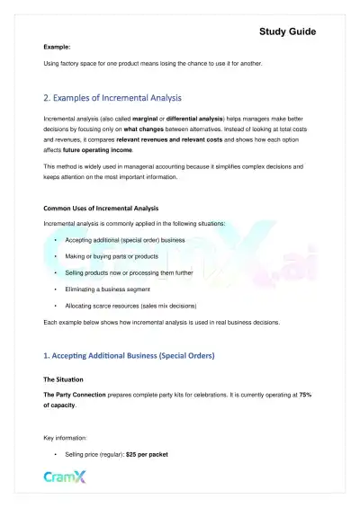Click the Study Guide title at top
pyautogui.click(x=288, y=31)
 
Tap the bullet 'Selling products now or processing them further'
pyautogui.click(x=131, y=272)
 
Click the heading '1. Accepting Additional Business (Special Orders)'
pyautogui.click(x=129, y=355)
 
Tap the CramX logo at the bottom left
pyautogui.click(x=65, y=477)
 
